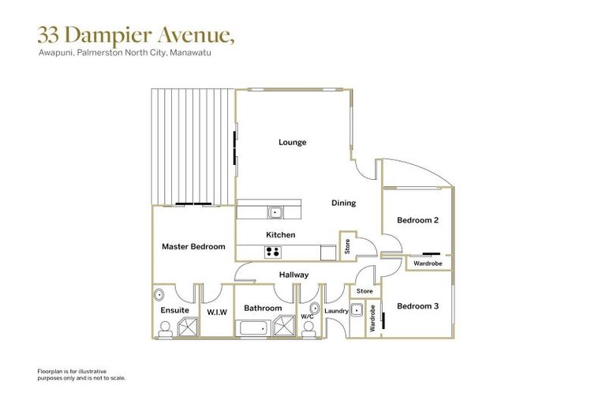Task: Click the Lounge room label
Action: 292,143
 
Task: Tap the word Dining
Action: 343,203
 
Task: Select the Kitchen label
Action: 280,235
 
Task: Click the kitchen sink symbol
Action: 275,211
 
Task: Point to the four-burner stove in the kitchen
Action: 274,252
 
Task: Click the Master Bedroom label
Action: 193,246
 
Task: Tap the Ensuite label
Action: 174,310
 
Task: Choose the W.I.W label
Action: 217,312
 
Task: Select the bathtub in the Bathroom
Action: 254,329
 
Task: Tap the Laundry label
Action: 336,310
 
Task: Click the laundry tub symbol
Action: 357,309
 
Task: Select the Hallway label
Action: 294,275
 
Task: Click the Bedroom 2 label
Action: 417,219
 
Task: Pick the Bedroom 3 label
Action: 417,306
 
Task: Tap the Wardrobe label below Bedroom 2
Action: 428,263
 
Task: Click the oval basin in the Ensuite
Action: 159,294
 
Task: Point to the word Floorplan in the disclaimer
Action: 51,370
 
